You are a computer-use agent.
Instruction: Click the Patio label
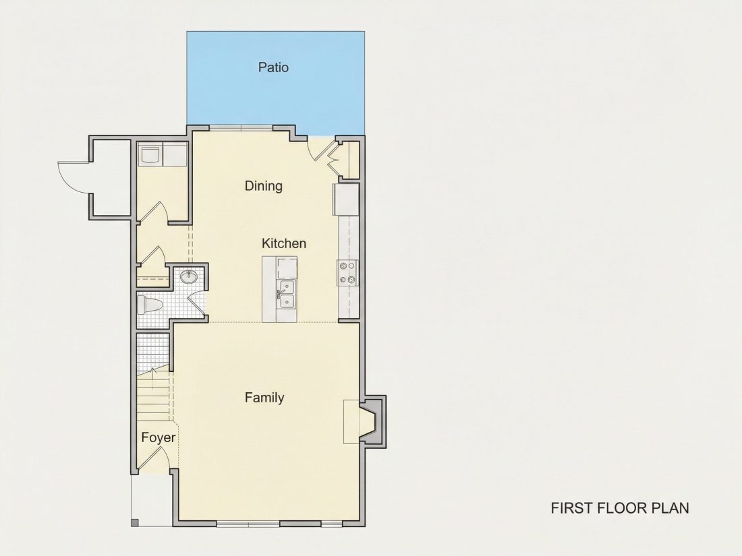[x=273, y=67]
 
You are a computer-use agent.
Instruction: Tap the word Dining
[x=264, y=186]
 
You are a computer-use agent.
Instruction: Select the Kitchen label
[x=284, y=243]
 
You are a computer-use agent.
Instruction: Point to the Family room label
[x=264, y=398]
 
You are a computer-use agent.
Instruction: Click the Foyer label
[x=159, y=438]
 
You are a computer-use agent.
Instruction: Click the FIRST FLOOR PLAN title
[x=620, y=507]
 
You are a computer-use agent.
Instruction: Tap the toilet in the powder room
[x=149, y=305]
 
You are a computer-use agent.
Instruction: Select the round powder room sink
[x=190, y=276]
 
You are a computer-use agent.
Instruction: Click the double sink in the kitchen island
[x=286, y=294]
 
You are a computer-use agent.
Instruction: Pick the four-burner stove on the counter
[x=347, y=273]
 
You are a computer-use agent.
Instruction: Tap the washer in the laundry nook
[x=150, y=154]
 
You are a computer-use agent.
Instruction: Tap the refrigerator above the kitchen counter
[x=347, y=199]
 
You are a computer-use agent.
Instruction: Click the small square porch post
[x=134, y=523]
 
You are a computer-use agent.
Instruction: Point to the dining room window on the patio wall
[x=241, y=127]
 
